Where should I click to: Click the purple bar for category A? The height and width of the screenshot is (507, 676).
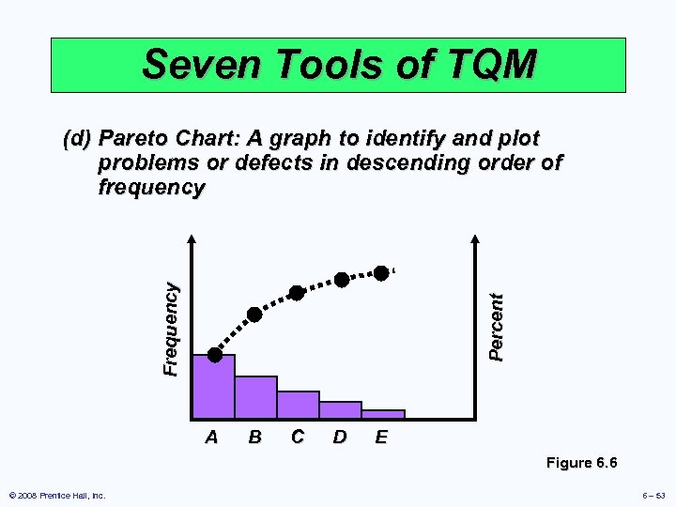pos(213,386)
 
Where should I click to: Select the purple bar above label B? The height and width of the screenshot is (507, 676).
pos(255,396)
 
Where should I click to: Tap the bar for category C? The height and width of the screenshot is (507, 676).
pos(298,404)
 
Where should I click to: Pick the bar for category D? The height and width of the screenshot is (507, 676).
pos(340,409)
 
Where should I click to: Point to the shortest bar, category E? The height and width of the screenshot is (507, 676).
pos(383,413)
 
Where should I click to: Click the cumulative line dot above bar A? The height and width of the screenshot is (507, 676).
pos(215,355)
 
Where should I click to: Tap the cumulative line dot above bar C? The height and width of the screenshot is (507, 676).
pos(297,293)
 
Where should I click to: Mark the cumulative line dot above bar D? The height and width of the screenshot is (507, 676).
pos(342,280)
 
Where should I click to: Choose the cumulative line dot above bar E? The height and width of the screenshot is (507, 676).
pos(381,272)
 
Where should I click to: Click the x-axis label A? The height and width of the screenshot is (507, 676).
pos(212,437)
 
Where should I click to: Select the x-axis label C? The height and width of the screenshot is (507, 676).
pos(297,437)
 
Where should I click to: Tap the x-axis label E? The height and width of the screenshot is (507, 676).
pos(380,437)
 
